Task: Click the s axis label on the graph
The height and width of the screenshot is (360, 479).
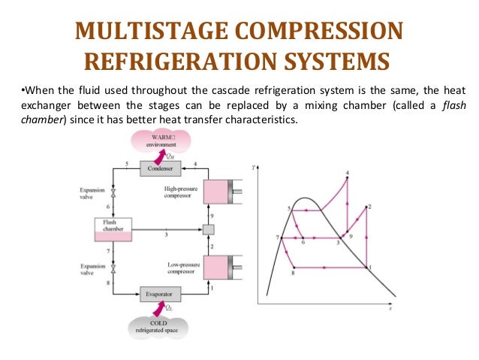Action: tap(390, 308)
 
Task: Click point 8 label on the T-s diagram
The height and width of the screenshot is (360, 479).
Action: tap(293, 274)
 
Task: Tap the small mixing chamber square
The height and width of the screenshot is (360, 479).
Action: tap(209, 229)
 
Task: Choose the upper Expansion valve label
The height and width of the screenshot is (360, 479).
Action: tap(92, 194)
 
